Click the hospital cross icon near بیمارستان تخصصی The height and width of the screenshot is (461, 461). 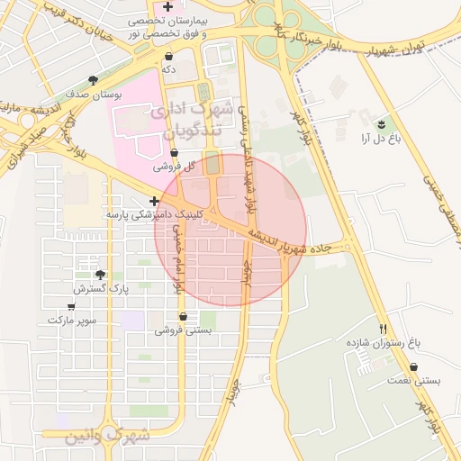pos(168,6)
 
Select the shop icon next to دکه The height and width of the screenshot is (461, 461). pos(168,57)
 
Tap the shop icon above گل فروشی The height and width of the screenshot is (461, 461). pos(174,153)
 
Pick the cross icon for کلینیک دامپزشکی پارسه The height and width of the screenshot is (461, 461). pos(155,201)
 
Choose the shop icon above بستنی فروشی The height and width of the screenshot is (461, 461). pos(184,317)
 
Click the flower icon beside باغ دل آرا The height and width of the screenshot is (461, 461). pos(383,122)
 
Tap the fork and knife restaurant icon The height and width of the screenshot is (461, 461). pos(384,329)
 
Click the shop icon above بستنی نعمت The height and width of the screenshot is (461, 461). pos(413,367)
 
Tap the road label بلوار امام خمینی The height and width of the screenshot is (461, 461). pos(177,261)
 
